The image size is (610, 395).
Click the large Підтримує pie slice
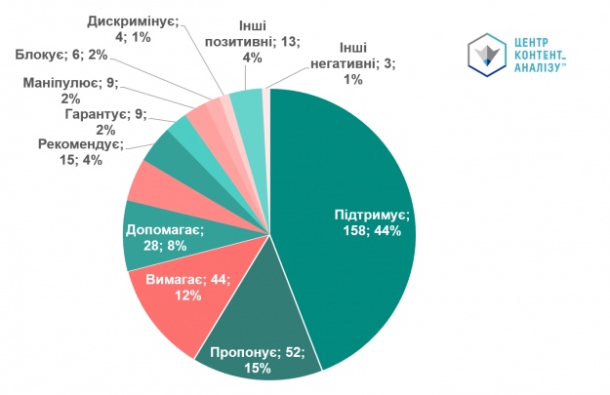click(x=351, y=176)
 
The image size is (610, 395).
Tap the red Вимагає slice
click(x=171, y=293)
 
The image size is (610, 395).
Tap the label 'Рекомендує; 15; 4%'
click(x=81, y=152)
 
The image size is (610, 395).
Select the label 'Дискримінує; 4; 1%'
click(x=134, y=29)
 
